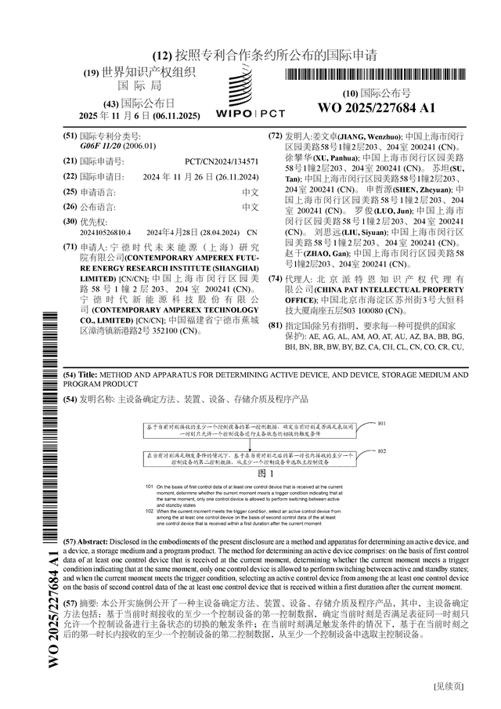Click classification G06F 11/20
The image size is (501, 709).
[100, 146]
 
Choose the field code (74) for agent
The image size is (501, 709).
[275, 279]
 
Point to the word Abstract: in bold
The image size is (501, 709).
[96, 542]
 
